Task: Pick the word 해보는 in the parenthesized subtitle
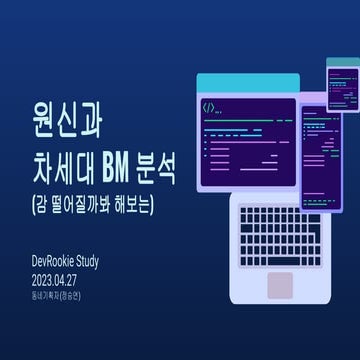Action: click(x=140, y=198)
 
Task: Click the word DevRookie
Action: click(x=60, y=262)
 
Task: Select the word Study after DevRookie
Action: click(x=106, y=262)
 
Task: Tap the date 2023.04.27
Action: click(x=63, y=280)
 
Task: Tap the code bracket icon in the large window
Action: click(x=210, y=106)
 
